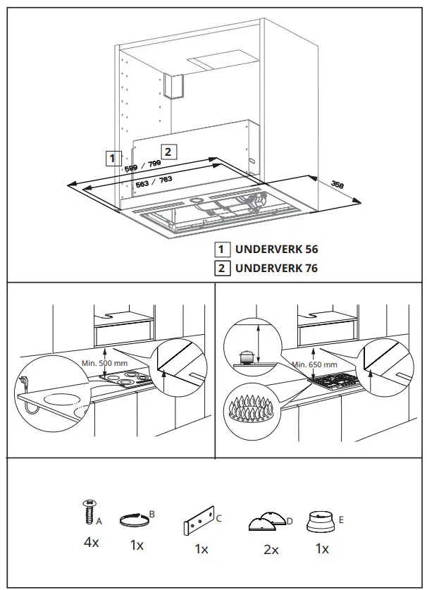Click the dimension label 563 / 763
(x=154, y=183)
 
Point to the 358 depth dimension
(x=338, y=185)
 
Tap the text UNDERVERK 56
(x=276, y=249)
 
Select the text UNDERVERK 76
(x=276, y=268)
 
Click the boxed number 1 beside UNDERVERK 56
(x=222, y=249)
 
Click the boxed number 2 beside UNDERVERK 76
(x=222, y=268)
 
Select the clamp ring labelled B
(x=136, y=521)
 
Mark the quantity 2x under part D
(x=271, y=549)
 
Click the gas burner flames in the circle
(x=252, y=410)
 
